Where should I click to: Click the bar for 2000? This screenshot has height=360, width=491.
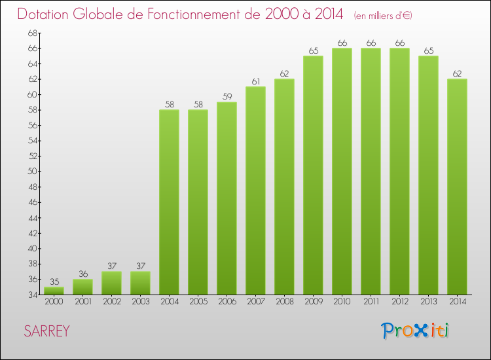[54, 291]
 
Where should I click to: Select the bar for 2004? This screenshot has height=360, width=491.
[169, 202]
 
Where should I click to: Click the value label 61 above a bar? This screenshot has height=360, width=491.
[255, 82]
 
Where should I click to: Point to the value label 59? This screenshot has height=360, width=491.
[227, 97]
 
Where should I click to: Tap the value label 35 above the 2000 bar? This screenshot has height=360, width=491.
[54, 282]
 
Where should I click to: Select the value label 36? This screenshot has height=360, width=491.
[82, 274]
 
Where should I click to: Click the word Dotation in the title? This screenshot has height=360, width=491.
[45, 14]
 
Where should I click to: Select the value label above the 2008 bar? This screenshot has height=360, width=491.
[284, 74]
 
